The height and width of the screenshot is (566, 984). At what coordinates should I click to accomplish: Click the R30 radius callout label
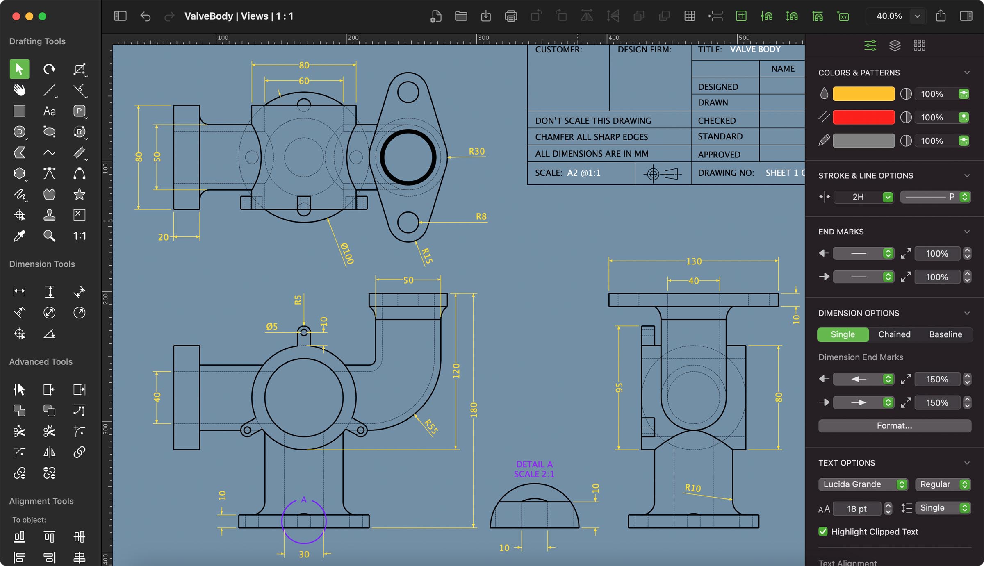(476, 151)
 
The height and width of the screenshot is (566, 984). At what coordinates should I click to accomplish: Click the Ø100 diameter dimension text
(347, 253)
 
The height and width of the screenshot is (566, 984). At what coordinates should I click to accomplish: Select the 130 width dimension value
(694, 261)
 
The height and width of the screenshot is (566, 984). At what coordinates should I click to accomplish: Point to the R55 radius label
(431, 426)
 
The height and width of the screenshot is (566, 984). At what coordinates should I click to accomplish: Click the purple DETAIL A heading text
(534, 464)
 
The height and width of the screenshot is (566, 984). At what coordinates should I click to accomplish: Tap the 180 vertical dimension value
(474, 410)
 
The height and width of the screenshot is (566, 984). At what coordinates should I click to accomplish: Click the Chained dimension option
(894, 334)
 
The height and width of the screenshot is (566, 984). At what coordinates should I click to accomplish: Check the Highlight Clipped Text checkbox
(823, 532)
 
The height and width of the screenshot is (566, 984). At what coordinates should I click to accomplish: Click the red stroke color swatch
(863, 117)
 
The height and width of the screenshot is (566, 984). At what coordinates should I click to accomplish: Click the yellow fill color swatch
(863, 94)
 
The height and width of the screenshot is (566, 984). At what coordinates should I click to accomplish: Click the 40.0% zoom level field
(889, 16)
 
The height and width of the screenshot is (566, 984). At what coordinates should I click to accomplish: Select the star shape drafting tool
(79, 194)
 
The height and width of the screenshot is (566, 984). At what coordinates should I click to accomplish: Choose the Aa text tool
(49, 111)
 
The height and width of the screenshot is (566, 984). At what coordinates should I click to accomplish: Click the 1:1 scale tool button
(79, 236)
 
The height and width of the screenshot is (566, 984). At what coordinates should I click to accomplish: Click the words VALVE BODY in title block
(755, 49)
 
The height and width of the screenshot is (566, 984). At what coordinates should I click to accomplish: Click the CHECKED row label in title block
(717, 120)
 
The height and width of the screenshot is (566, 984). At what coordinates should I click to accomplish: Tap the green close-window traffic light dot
(42, 16)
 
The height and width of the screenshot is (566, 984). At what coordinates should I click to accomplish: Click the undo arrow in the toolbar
(145, 16)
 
